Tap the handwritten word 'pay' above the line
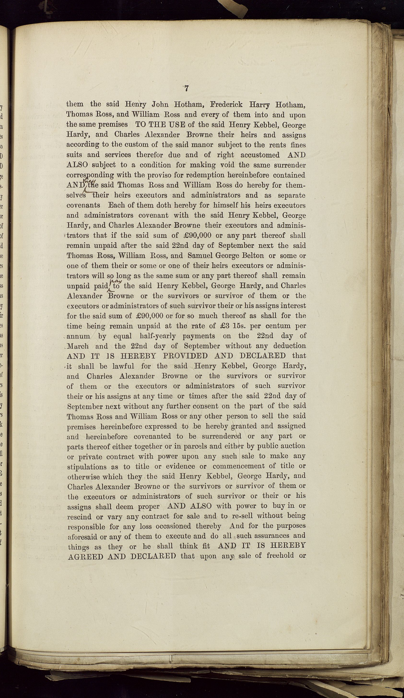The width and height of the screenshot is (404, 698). click(x=118, y=281)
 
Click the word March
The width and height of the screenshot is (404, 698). click(x=78, y=346)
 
